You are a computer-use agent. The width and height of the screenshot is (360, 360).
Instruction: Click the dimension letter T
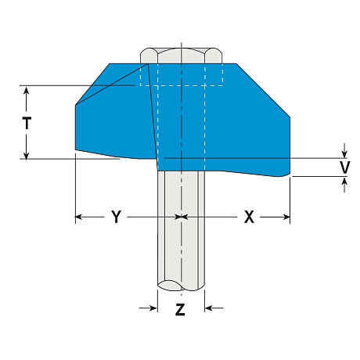point(27,123)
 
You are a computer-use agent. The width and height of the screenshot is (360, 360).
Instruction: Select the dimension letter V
point(344,167)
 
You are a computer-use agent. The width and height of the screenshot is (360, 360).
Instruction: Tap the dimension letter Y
point(117,217)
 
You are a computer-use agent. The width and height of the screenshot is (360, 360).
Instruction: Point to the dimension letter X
point(249,217)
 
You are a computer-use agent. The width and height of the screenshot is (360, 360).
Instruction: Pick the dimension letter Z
point(180,309)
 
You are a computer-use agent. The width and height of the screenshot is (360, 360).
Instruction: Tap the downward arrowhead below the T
point(26,155)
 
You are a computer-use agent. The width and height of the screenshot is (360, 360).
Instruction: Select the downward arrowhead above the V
point(344,154)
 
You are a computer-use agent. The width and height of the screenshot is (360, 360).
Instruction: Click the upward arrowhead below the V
point(344,181)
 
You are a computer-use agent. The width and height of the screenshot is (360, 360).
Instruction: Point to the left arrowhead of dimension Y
point(79,217)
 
